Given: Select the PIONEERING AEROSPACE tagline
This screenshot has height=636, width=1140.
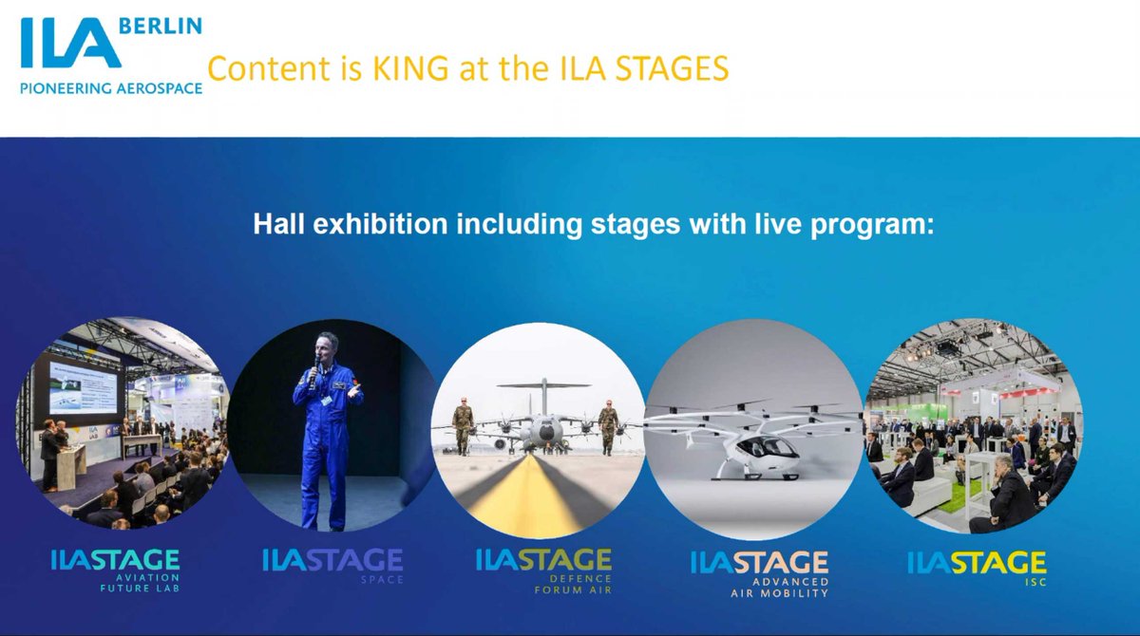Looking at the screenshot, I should (111, 87).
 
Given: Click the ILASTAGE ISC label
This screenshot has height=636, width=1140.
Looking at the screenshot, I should (977, 567).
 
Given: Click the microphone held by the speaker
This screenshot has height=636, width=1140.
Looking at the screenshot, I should (313, 371).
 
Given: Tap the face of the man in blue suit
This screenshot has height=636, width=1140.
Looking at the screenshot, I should (327, 346).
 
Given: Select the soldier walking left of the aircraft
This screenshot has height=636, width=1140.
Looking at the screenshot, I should (463, 424).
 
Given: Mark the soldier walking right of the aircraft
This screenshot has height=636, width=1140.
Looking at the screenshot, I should (608, 424).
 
